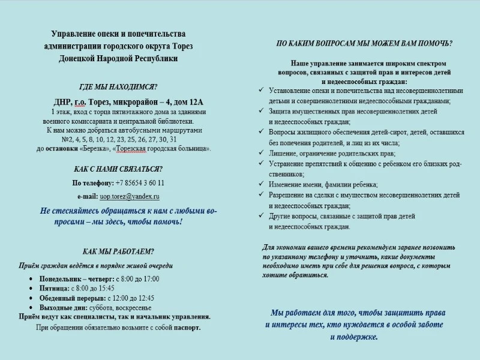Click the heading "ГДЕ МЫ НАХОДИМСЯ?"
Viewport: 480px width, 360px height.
coord(118,86)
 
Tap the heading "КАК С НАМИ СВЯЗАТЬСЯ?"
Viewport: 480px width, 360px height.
coord(118,169)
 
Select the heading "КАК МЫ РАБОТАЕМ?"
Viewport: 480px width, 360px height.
coord(118,251)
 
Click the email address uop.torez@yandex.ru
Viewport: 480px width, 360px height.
coord(130,196)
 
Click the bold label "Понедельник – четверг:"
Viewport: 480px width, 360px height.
coord(76,279)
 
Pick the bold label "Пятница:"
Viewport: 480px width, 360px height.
coord(55,289)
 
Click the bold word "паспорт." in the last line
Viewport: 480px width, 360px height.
coord(187,328)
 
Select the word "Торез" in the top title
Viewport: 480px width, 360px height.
coord(182,46)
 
